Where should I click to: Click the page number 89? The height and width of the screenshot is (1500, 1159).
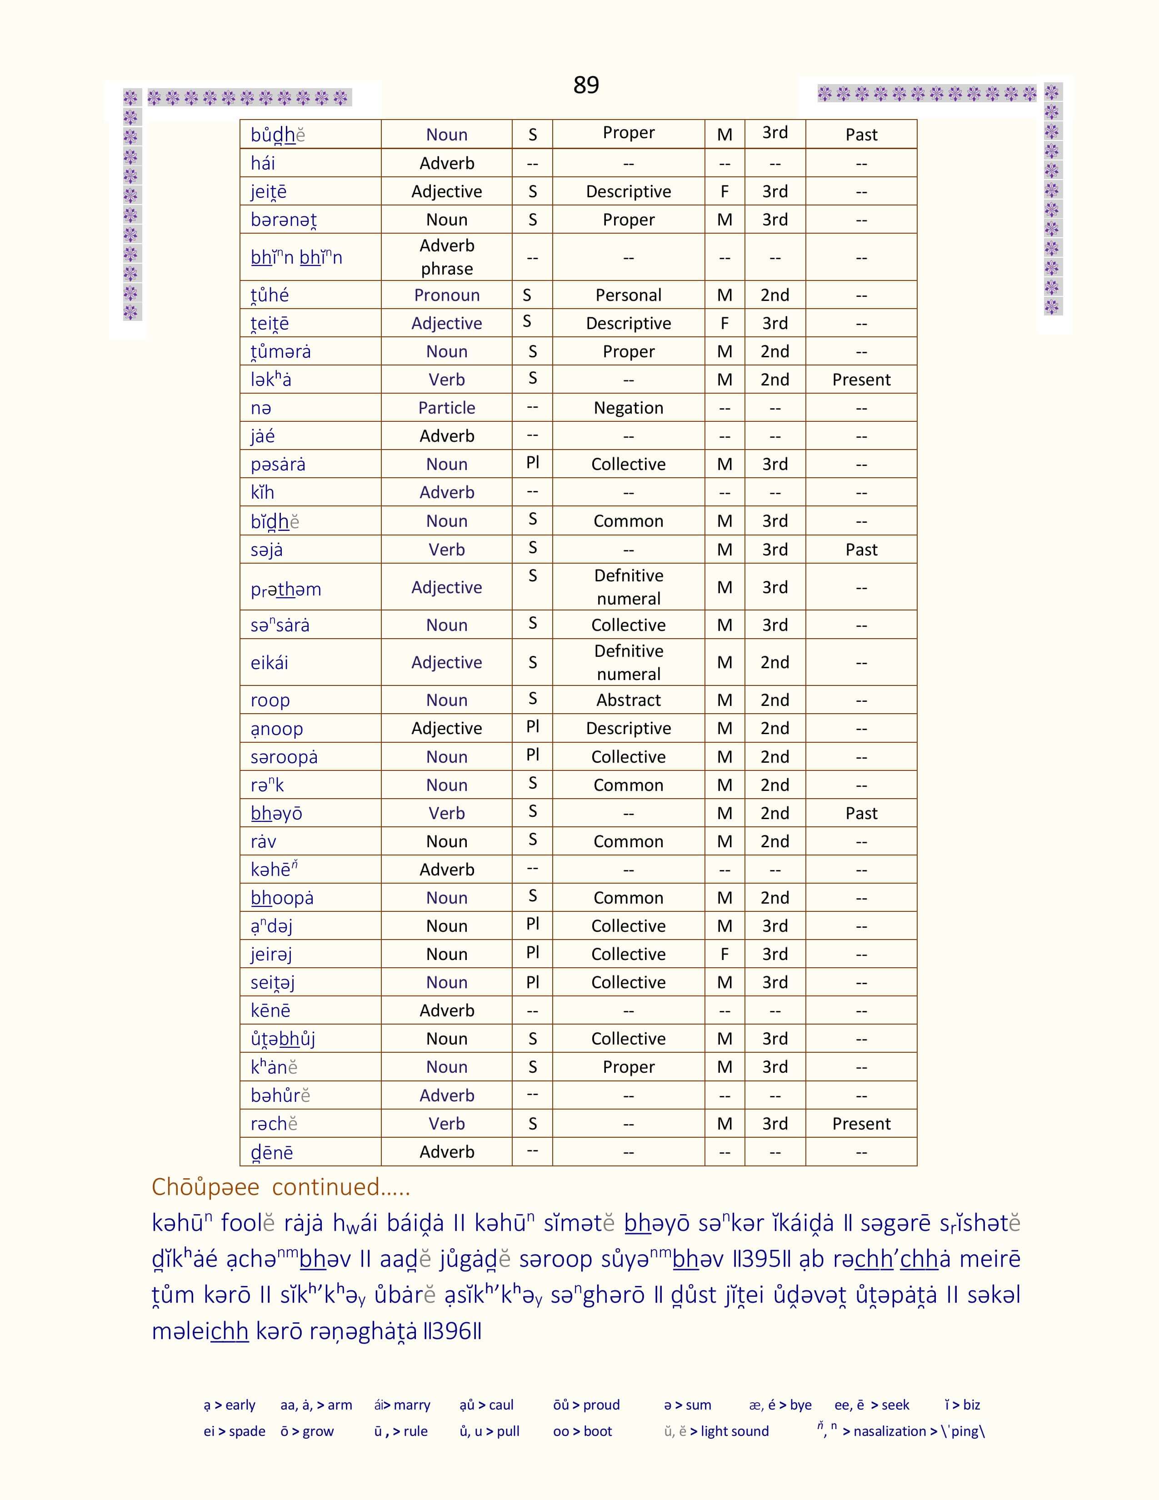point(586,85)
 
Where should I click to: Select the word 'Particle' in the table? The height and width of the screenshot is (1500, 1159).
point(446,408)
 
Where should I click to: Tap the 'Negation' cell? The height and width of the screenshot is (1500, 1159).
point(628,408)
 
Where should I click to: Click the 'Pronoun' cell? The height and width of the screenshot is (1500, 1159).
point(446,295)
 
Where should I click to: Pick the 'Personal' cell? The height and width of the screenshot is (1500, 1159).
point(628,295)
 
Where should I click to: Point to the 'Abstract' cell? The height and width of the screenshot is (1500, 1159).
point(628,700)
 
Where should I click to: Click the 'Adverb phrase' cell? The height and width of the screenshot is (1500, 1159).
point(446,257)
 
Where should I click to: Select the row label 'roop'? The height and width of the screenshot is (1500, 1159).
point(270,700)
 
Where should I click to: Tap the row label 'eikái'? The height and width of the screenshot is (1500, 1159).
point(269,663)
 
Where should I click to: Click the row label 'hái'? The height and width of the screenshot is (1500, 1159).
point(263,164)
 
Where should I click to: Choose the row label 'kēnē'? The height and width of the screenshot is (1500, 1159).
point(270,1011)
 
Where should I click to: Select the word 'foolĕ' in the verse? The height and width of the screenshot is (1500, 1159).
point(248,1223)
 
